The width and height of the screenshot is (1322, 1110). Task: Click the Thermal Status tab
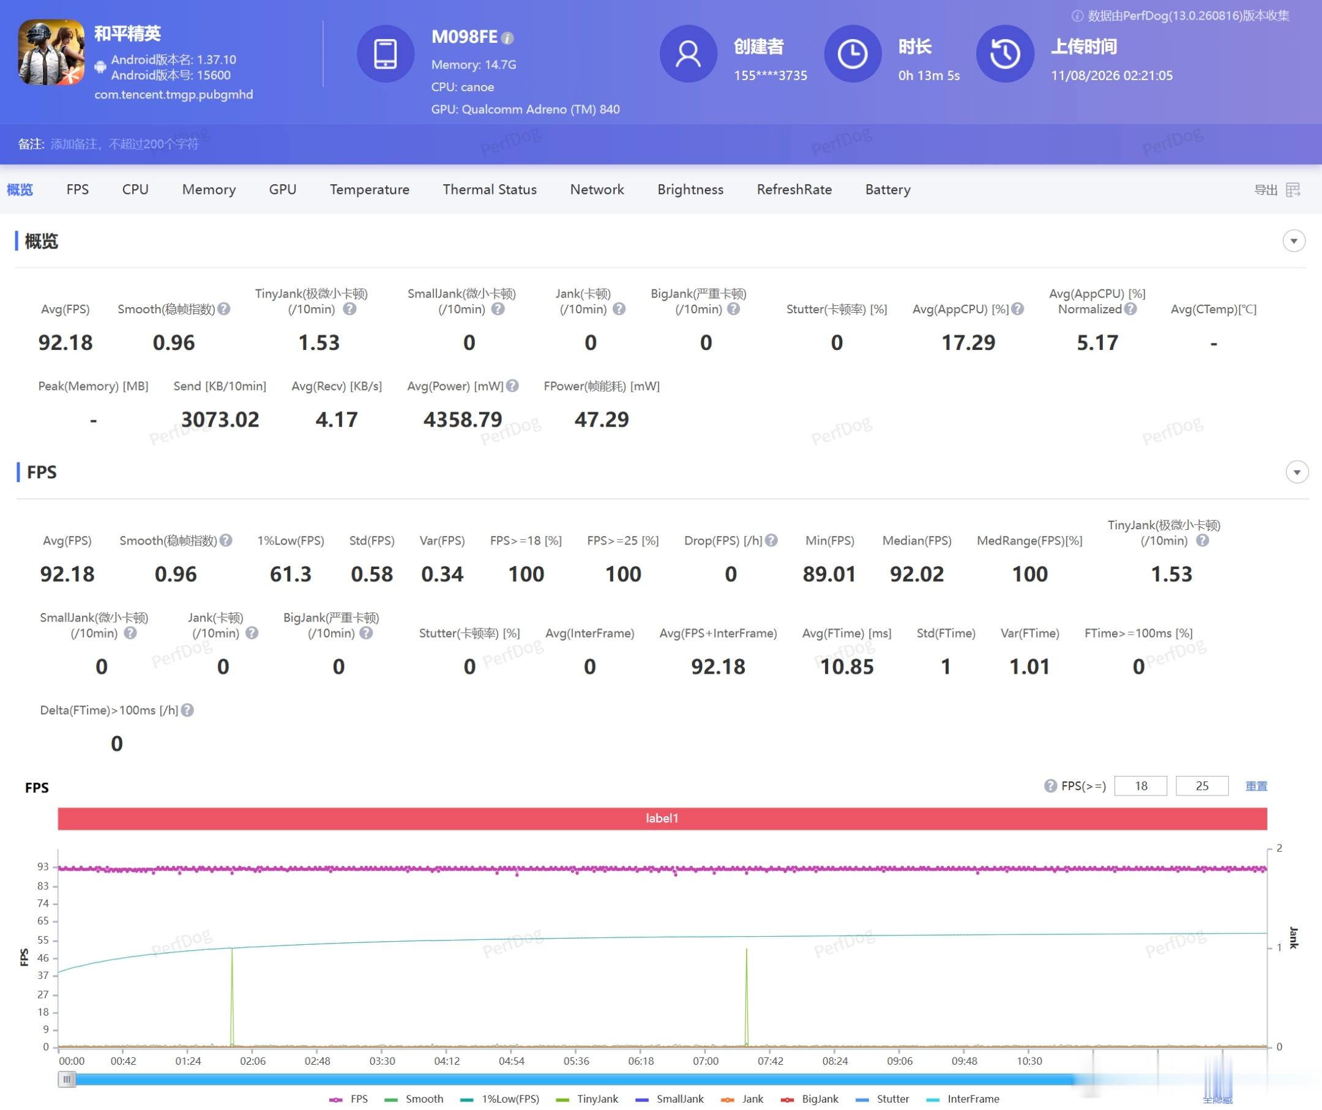[489, 190]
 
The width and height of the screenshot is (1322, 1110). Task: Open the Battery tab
[887, 190]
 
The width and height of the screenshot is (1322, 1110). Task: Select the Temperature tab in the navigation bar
[370, 190]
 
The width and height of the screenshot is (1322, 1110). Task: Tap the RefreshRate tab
[794, 190]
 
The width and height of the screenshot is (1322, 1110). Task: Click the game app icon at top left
[51, 51]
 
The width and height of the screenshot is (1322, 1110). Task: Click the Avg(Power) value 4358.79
[463, 419]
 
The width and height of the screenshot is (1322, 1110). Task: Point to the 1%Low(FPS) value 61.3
[290, 574]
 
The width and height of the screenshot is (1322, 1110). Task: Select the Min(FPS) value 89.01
[829, 574]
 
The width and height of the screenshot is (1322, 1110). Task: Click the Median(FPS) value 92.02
[917, 574]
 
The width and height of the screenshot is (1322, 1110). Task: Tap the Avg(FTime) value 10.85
[846, 666]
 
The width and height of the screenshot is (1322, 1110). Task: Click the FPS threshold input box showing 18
[1141, 785]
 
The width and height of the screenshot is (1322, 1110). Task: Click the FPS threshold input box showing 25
[1202, 785]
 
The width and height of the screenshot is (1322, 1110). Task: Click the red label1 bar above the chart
[662, 818]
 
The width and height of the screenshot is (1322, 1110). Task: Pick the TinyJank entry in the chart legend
[588, 1098]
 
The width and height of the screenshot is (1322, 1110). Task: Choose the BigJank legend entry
[810, 1098]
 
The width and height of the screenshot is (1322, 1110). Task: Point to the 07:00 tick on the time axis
[705, 1061]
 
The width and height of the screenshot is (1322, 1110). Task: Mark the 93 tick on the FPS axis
[43, 866]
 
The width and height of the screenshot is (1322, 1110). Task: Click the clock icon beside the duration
[853, 53]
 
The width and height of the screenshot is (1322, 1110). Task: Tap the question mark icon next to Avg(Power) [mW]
[512, 386]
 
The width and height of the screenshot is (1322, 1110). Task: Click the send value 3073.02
[220, 419]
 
